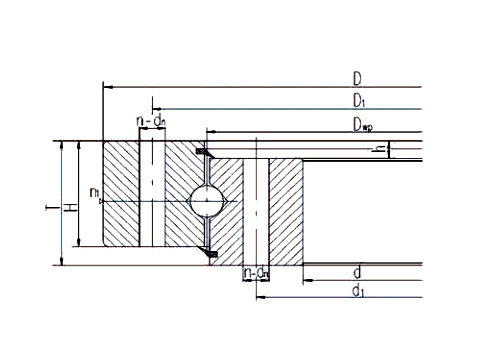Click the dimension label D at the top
click(356, 78)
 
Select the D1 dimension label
click(357, 100)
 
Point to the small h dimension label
click(378, 150)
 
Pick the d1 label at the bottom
click(357, 290)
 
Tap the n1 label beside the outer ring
click(93, 192)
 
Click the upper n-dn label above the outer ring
click(150, 122)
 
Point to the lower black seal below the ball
click(210, 254)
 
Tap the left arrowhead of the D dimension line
click(106, 87)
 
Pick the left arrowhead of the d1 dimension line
click(259, 297)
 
